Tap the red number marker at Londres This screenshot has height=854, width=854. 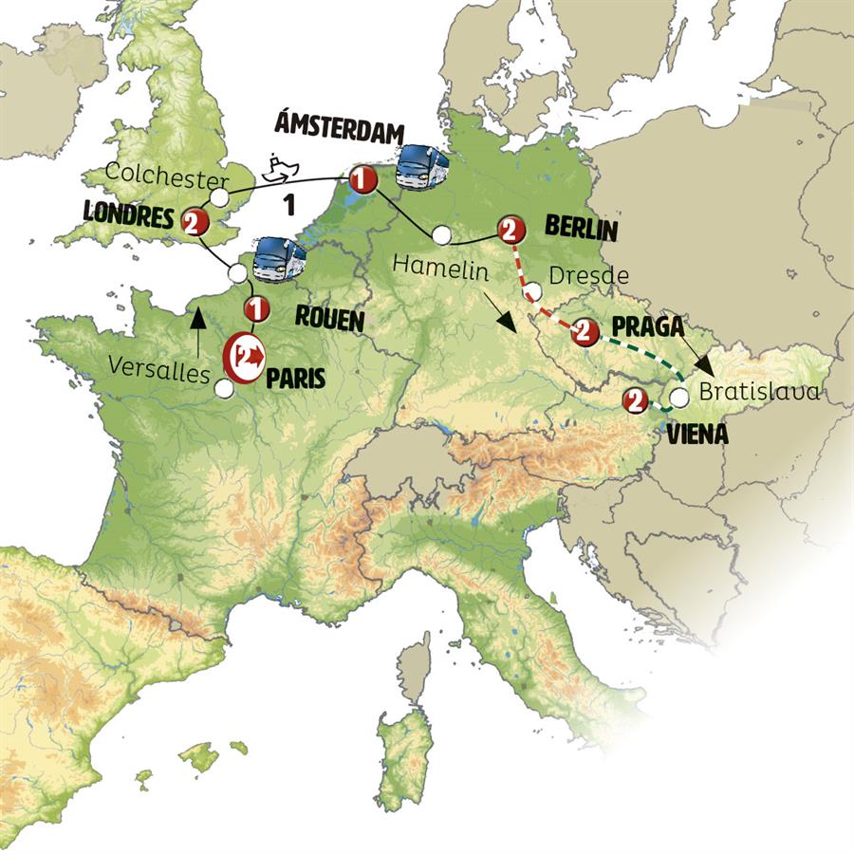tap(194, 221)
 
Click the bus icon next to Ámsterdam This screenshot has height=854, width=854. tap(423, 168)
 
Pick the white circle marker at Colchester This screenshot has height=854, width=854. tap(219, 197)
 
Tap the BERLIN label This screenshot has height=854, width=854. tap(581, 229)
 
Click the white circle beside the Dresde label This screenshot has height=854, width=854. tap(533, 291)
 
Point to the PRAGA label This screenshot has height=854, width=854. tap(648, 327)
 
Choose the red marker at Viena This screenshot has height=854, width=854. tap(633, 401)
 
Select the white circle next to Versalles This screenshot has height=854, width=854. tap(224, 387)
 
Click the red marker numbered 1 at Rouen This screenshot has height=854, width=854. tap(254, 308)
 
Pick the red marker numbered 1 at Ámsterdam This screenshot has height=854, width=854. tap(360, 177)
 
